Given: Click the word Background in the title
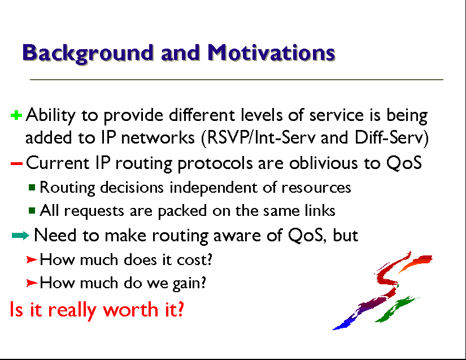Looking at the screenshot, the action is tap(88, 54).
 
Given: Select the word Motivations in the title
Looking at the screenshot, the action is tap(271, 53).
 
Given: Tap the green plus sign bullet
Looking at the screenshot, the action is tap(16, 115).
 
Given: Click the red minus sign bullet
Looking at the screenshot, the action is tap(16, 163).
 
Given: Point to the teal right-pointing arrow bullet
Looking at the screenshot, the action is tap(20, 236).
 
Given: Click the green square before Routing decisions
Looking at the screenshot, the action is tap(32, 187).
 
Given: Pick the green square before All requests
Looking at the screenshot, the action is tap(32, 211).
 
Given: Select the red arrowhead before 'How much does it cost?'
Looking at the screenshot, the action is tap(32, 260).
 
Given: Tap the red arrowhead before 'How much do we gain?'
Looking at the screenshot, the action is tap(32, 283).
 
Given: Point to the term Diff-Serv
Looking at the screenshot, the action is tap(391, 138).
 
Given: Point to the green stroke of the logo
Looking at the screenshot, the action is tap(395, 310).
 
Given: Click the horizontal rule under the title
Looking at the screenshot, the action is tap(237, 80).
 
